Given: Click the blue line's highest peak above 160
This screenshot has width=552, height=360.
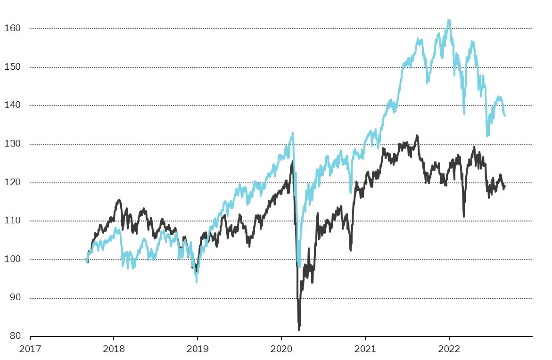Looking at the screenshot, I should tap(448, 20).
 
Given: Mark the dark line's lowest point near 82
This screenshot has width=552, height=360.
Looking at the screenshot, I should tap(299, 330).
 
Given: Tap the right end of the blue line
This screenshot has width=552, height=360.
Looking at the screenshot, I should tap(505, 116).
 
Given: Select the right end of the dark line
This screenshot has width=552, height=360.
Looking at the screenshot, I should tap(505, 186).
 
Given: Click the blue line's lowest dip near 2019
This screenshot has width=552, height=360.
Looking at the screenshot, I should tap(197, 282).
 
